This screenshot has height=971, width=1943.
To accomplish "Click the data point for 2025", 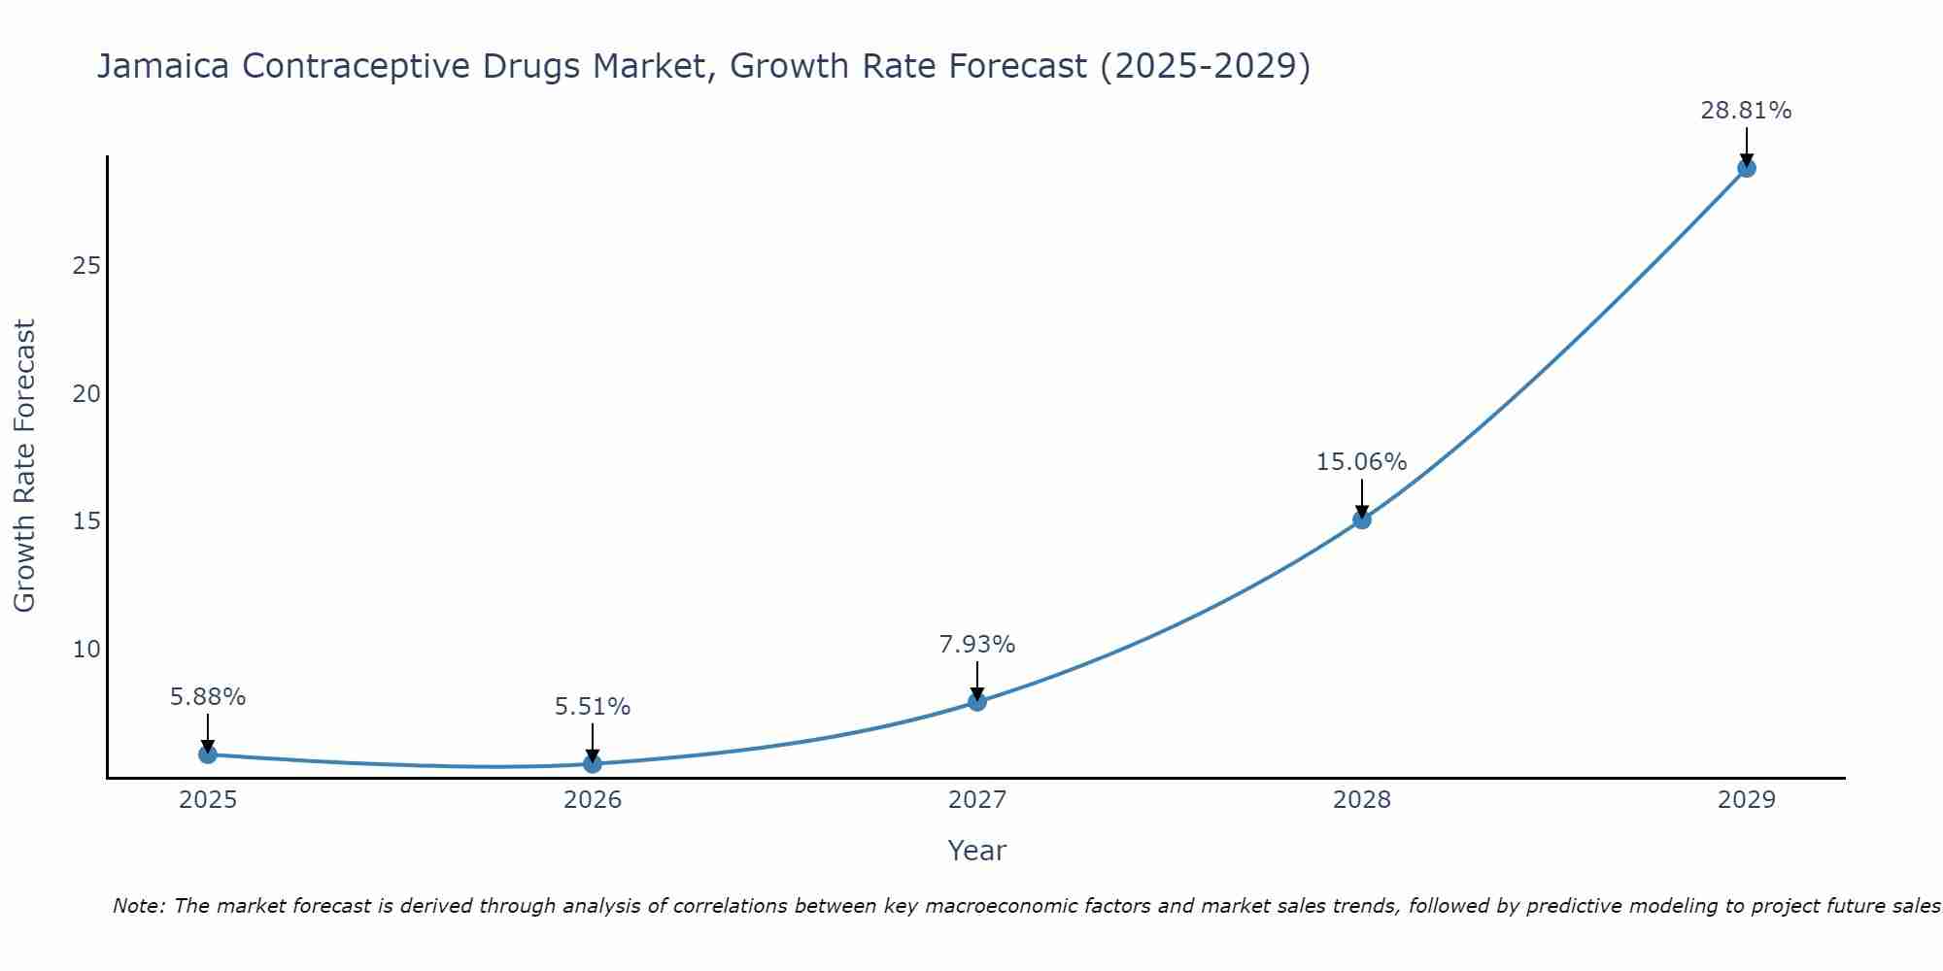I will (x=208, y=754).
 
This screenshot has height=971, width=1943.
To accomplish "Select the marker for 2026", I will (x=593, y=764).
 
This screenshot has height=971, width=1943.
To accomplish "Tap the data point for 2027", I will (x=977, y=702).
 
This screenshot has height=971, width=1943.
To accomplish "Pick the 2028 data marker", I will (x=1362, y=519).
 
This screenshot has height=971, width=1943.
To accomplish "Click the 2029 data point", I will (x=1747, y=168).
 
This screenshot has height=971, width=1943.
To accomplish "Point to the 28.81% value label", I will (x=1746, y=111).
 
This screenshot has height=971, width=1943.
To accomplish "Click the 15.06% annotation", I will (x=1361, y=462).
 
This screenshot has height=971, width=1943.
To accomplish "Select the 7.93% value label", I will (x=976, y=645).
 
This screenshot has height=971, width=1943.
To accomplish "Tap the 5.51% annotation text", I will (x=593, y=707).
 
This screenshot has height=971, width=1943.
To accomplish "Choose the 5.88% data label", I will (x=208, y=697).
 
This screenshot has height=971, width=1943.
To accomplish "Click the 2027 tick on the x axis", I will (x=977, y=800).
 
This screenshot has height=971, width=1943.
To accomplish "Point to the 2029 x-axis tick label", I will (x=1747, y=800).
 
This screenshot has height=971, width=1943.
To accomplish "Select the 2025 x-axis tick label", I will (x=208, y=800).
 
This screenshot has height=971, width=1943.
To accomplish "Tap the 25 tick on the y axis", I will (x=86, y=266).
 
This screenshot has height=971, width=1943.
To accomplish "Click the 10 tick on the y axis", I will (x=86, y=649).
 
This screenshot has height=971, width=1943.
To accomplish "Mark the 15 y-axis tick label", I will (x=86, y=521).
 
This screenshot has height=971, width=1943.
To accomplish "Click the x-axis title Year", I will (x=976, y=851).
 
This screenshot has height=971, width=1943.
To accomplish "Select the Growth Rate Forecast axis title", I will (x=25, y=466).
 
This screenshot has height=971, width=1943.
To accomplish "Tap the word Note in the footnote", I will (x=138, y=907).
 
